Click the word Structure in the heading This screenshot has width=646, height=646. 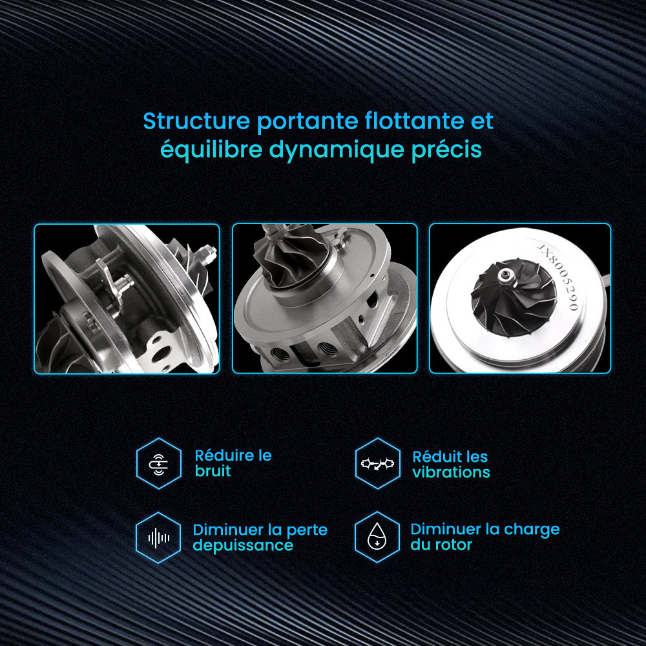click(x=196, y=121)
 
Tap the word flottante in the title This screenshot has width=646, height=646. click(x=415, y=121)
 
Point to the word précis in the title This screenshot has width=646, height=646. click(x=446, y=149)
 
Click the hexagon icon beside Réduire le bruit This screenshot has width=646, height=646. click(x=159, y=463)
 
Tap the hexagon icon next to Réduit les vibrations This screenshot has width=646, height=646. click(x=377, y=463)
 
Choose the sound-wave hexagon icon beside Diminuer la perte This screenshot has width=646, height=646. click(x=158, y=537)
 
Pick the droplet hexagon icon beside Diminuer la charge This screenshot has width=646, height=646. click(x=377, y=537)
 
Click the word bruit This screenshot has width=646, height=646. click(x=213, y=470)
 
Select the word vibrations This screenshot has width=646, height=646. click(x=451, y=472)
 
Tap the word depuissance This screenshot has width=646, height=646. click(x=243, y=545)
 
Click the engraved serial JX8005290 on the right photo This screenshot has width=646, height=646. click(x=559, y=277)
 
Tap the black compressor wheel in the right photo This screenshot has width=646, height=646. click(x=514, y=297)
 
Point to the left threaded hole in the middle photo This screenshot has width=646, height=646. click(x=280, y=353)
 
